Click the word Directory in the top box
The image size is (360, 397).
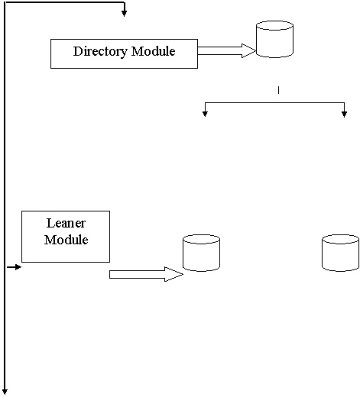tap(100, 52)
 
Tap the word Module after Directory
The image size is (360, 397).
tap(154, 51)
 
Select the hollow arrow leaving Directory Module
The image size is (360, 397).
tap(227, 50)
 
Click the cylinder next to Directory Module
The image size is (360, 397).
tap(274, 39)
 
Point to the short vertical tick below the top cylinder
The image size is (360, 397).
tap(278, 90)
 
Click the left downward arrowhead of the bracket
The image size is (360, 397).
tap(205, 114)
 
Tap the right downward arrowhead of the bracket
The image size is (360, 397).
tap(344, 114)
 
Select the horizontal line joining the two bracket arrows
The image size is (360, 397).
tap(274, 102)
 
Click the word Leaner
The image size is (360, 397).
tap(66, 223)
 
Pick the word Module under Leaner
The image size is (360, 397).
tap(66, 240)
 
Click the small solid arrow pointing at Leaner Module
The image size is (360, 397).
tap(14, 267)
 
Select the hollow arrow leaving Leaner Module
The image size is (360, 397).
tap(146, 274)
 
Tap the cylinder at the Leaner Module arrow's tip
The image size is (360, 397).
tap(201, 253)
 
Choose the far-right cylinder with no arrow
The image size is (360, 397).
tap(341, 253)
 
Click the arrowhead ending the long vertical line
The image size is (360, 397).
tap(5, 392)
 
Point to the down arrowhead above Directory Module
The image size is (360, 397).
tap(124, 13)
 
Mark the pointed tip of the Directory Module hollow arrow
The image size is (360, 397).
tap(255, 50)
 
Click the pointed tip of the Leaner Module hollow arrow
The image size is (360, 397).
tap(183, 274)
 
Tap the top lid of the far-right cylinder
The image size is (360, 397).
tap(341, 239)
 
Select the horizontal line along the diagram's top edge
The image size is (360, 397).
tap(64, 2)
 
